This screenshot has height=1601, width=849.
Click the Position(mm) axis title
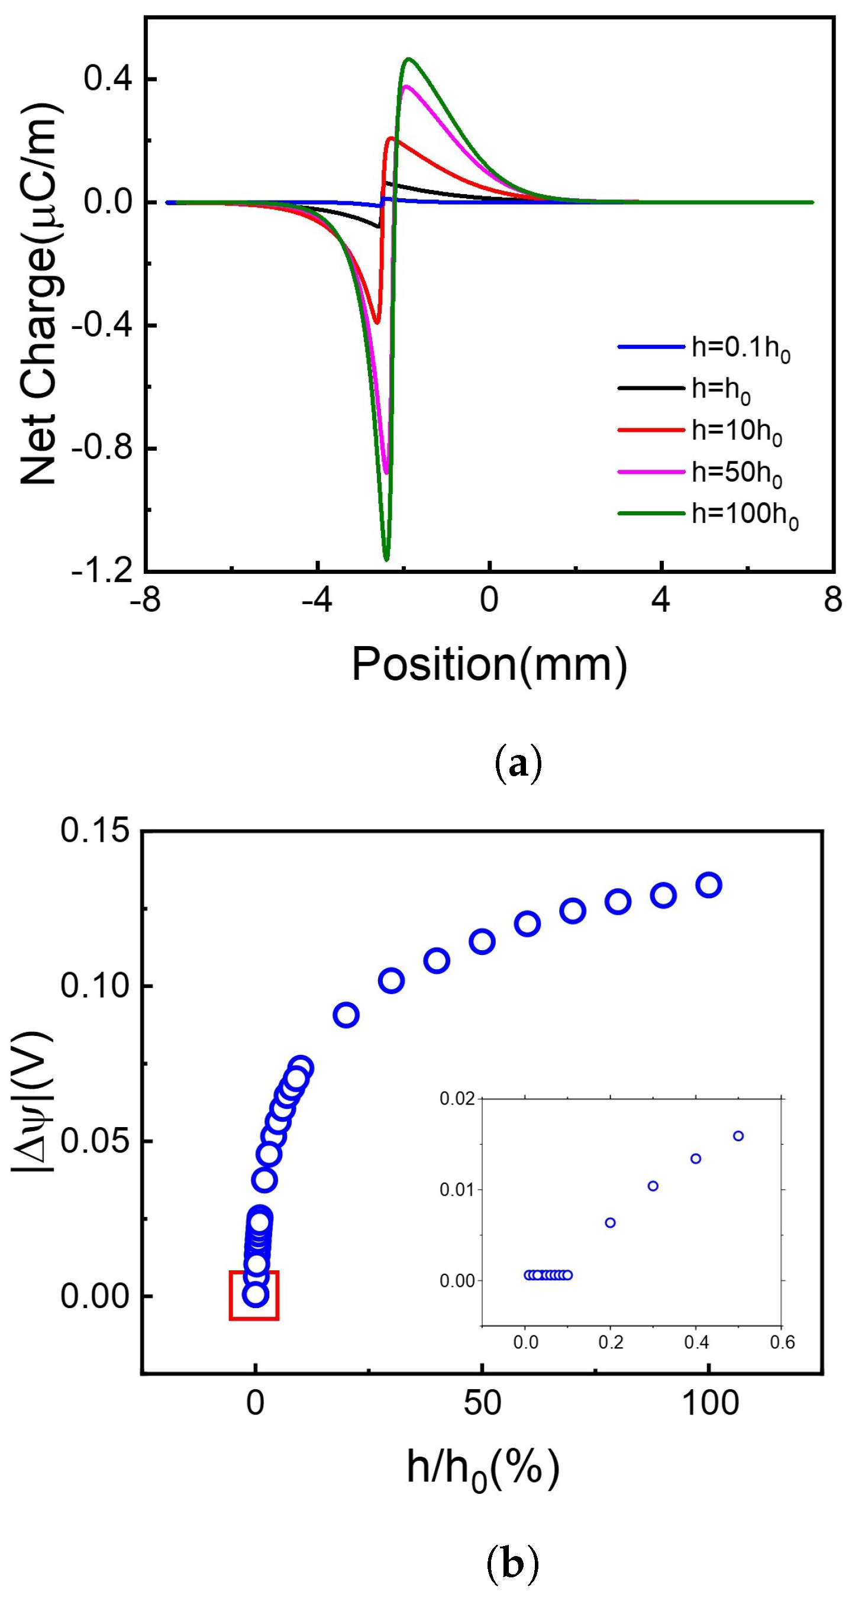coord(489,664)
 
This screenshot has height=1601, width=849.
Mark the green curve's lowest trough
coord(386,559)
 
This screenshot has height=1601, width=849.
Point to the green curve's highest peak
coord(408,59)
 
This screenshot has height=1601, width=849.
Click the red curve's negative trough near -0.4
coord(376,322)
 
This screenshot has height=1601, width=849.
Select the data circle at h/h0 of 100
coord(709,885)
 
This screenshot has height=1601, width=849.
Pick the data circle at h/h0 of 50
coord(482,941)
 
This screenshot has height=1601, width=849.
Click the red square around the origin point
coord(254,1295)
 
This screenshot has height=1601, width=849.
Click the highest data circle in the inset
coord(738,1135)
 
